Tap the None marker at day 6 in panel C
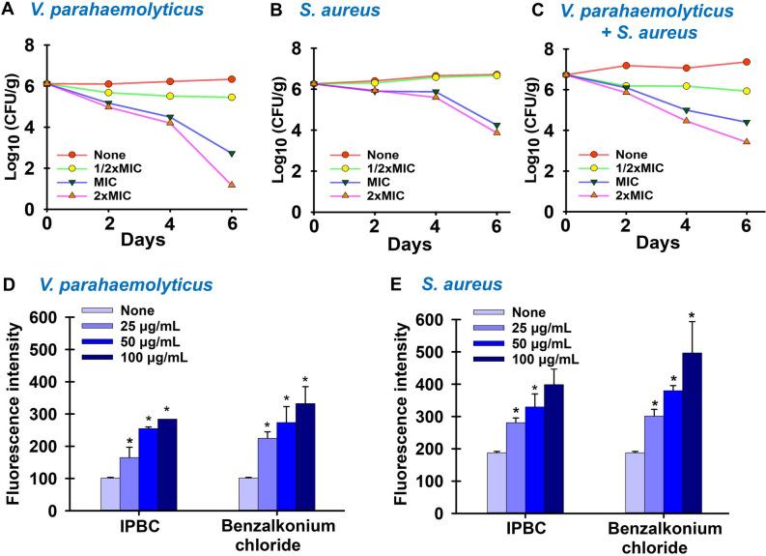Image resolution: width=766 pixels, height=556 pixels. pos(747,62)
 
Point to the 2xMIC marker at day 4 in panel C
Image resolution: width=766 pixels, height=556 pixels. pos(687,120)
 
